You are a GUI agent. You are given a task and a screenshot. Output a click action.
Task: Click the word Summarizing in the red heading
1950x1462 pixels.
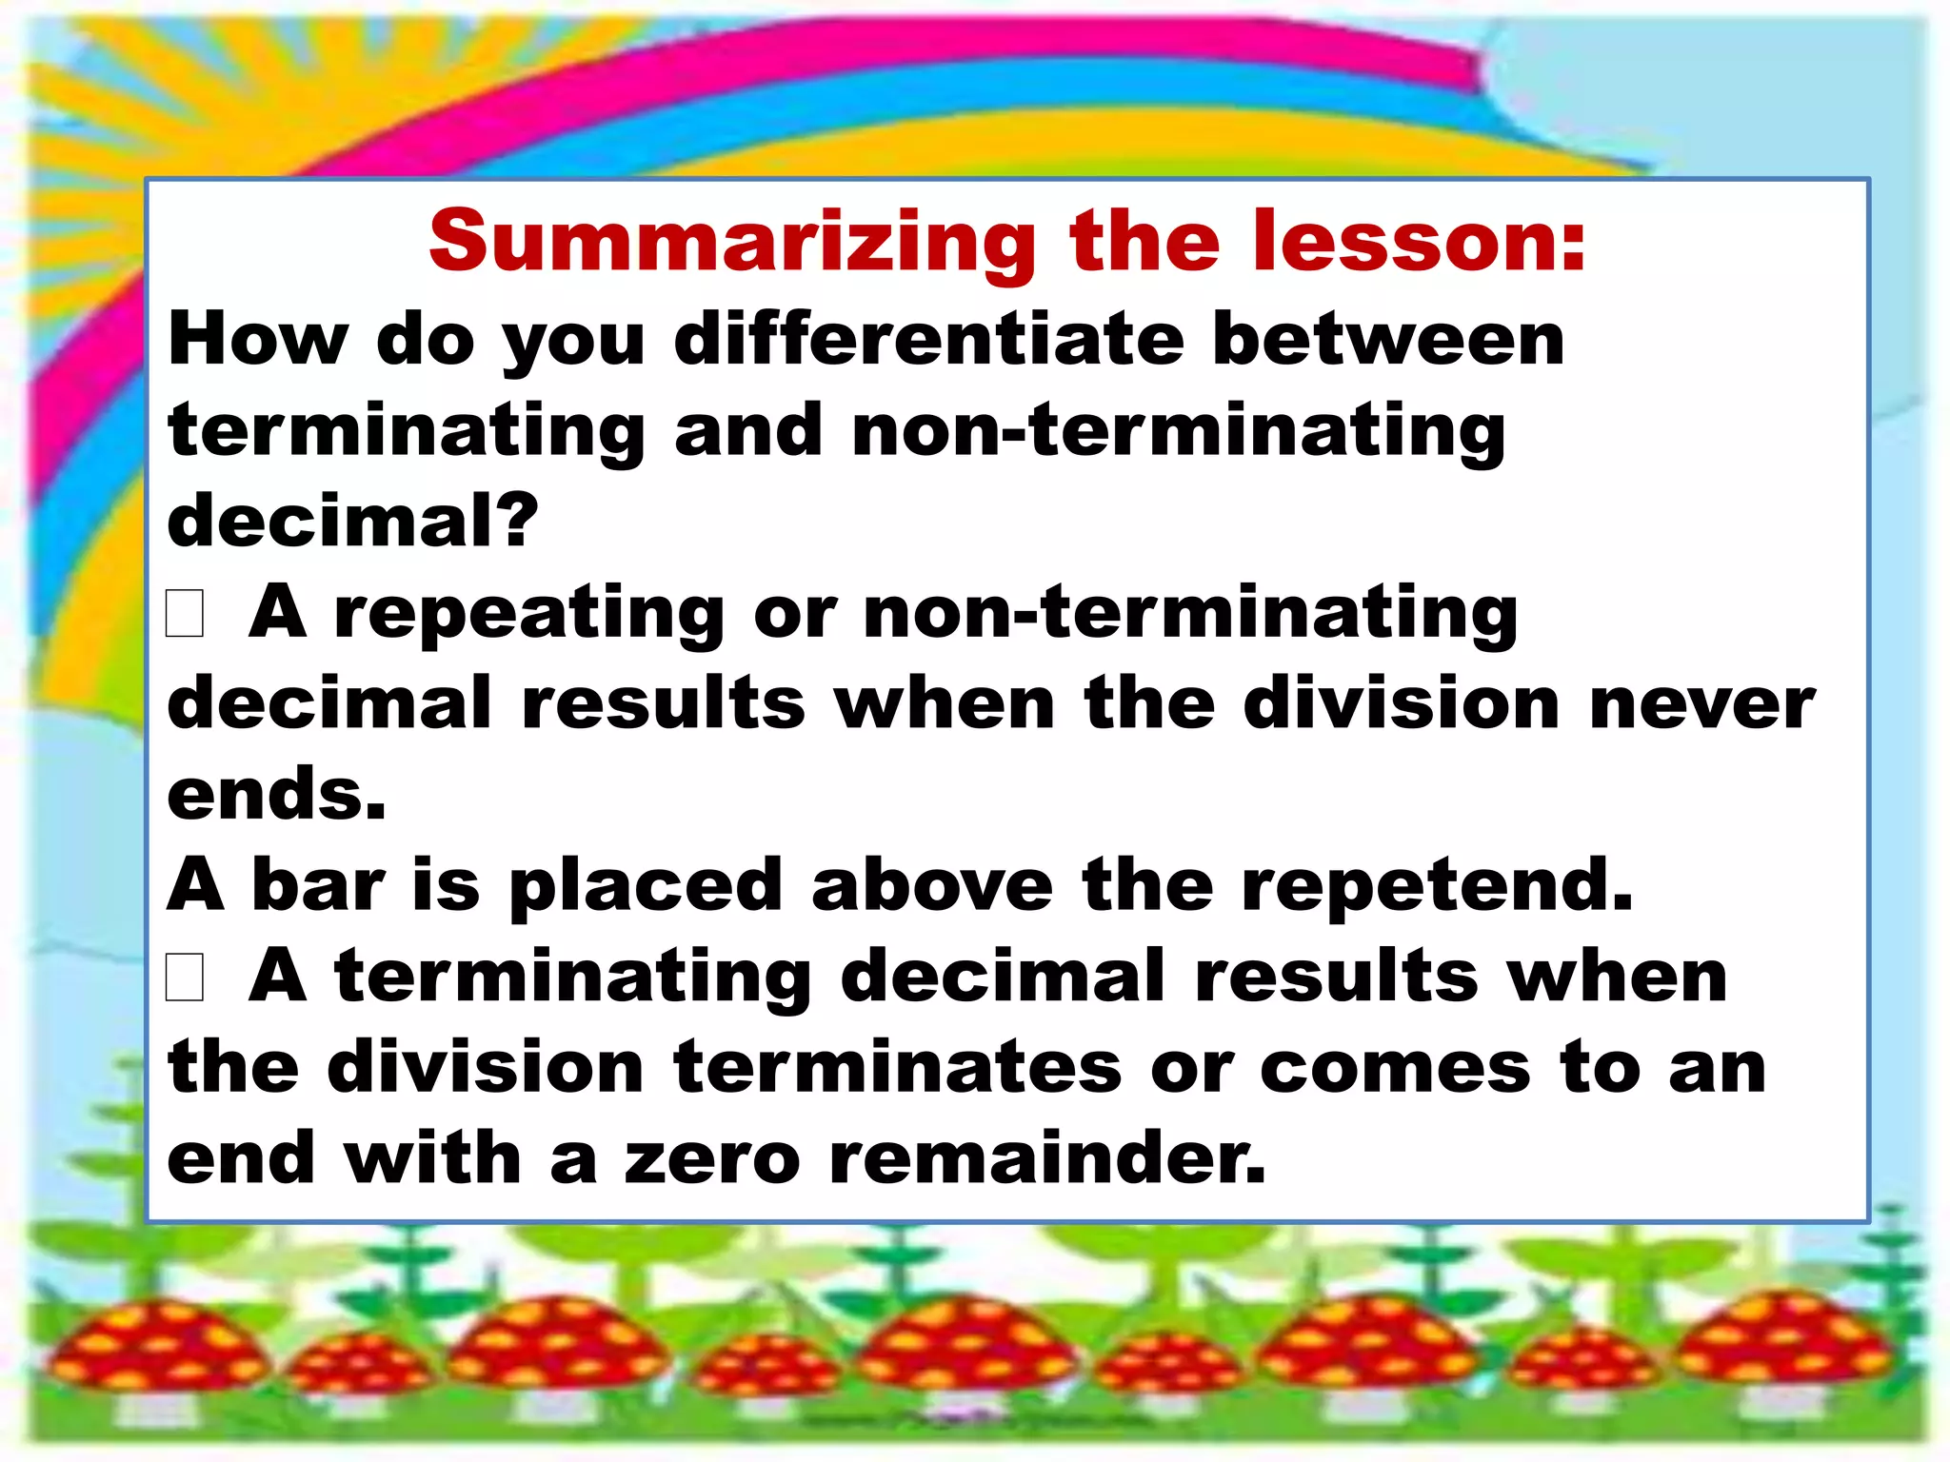pyautogui.click(x=731, y=244)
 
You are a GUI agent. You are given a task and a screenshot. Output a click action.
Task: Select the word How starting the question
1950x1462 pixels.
pyautogui.click(x=258, y=339)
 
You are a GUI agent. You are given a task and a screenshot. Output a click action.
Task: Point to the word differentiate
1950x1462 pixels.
pyautogui.click(x=928, y=339)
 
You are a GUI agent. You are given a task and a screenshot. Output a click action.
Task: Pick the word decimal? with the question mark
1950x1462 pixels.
pyautogui.click(x=352, y=521)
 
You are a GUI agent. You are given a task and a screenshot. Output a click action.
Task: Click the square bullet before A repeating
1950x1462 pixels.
pyautogui.click(x=185, y=613)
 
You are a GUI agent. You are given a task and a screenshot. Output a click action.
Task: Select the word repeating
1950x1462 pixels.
pyautogui.click(x=529, y=614)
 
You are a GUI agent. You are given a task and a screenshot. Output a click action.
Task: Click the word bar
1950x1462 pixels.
pyautogui.click(x=318, y=885)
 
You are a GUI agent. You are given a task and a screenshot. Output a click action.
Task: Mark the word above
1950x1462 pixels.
pyautogui.click(x=932, y=885)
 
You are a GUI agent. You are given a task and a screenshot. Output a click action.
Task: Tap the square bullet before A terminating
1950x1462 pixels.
pyautogui.click(x=185, y=978)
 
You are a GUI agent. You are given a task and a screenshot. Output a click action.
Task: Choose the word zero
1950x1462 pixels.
pyautogui.click(x=712, y=1159)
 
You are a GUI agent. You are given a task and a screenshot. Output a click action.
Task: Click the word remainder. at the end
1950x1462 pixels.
pyautogui.click(x=1047, y=1159)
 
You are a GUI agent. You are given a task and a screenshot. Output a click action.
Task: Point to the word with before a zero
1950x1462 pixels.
pyautogui.click(x=432, y=1159)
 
